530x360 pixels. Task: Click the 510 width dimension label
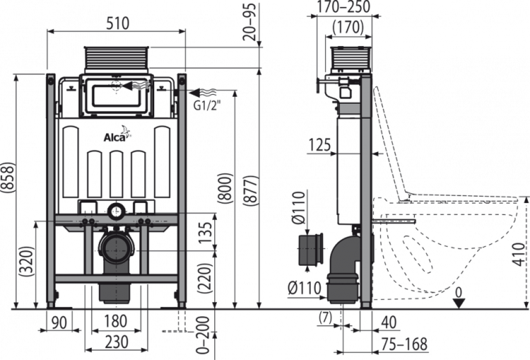117,23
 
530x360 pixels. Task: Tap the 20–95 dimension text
250,23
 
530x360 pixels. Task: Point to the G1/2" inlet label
207,105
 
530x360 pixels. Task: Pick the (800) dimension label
225,188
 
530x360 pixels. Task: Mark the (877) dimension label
250,190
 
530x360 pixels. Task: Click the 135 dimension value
205,233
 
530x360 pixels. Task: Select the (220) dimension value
205,278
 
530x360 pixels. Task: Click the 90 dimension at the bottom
59,323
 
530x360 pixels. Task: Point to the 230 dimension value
117,342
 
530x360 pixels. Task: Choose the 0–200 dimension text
204,335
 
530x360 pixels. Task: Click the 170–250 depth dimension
344,7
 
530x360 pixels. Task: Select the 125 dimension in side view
319,146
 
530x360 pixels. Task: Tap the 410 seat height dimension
521,254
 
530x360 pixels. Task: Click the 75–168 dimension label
404,344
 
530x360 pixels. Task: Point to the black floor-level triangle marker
459,303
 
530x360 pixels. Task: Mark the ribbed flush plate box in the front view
116,60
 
